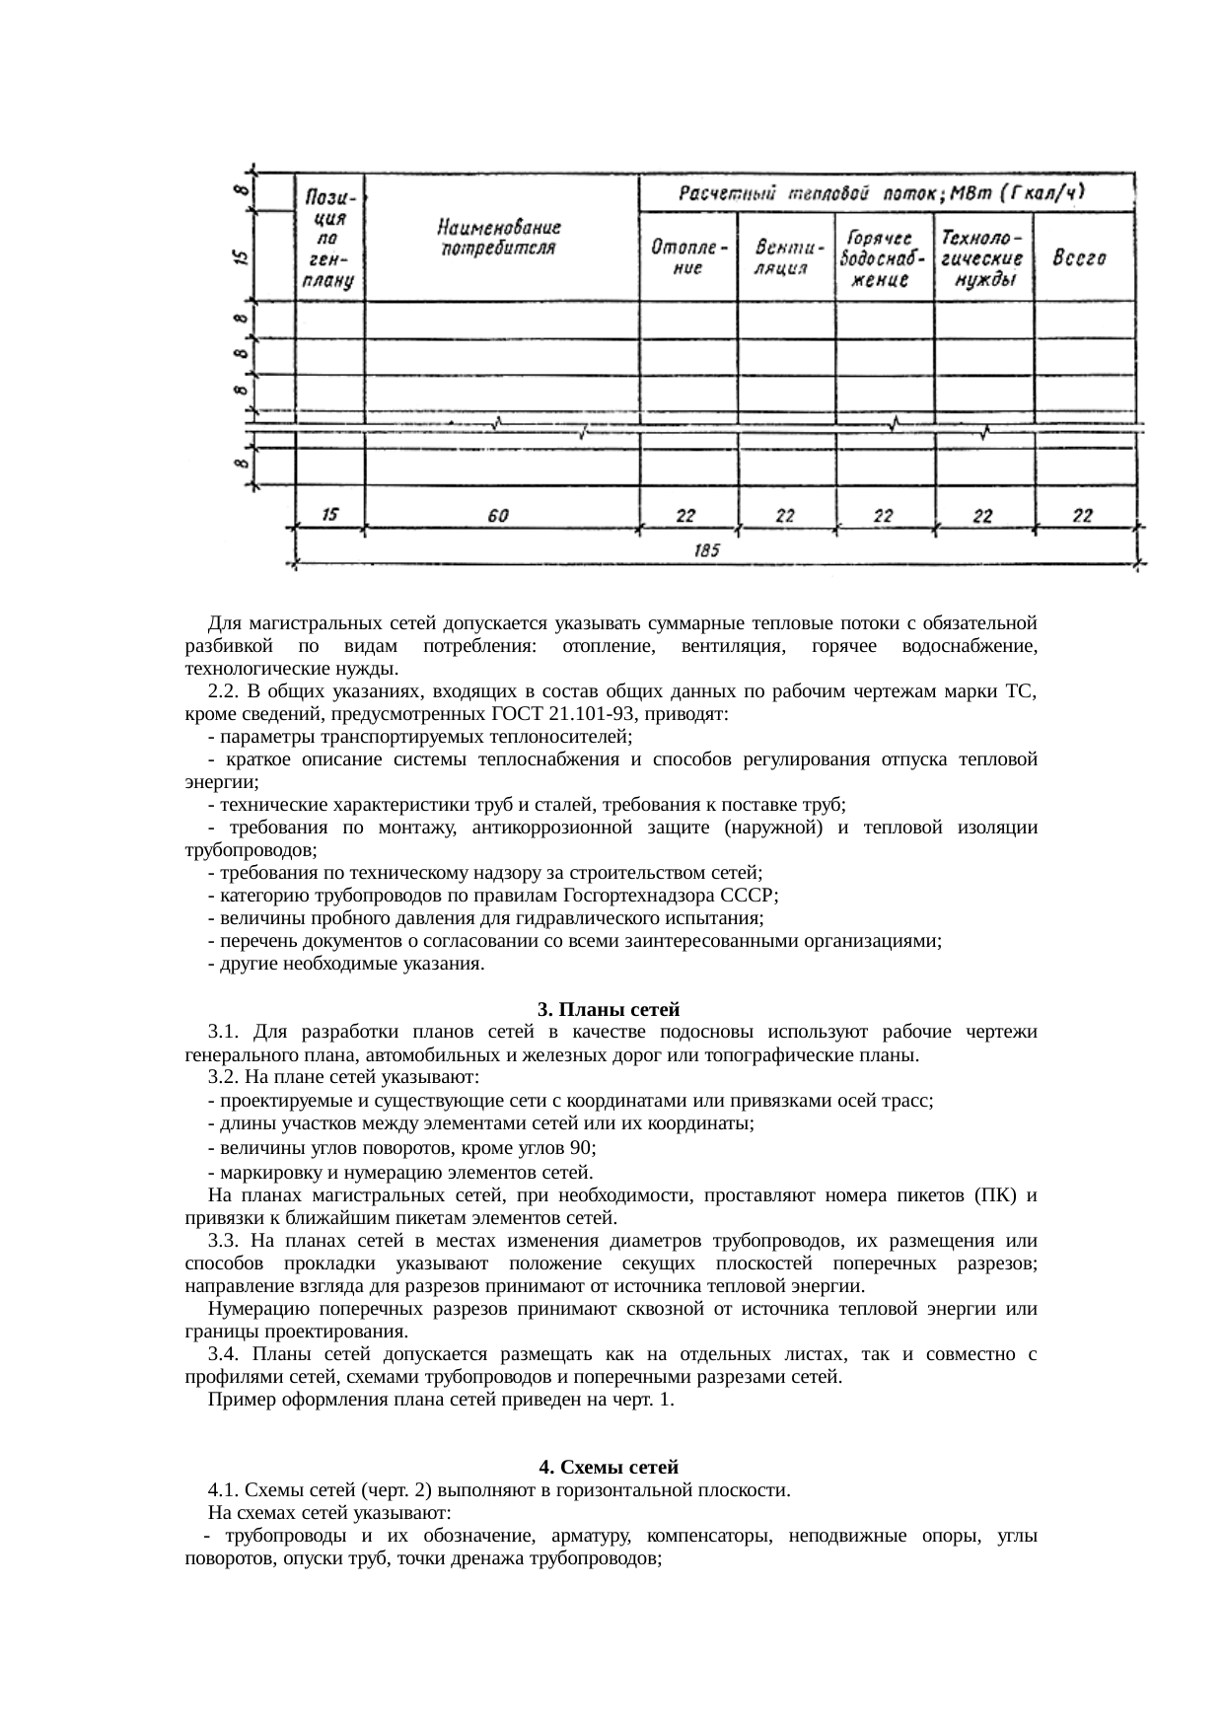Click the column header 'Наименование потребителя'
point(500,237)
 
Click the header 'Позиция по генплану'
point(329,238)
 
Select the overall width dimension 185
point(706,551)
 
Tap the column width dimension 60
point(499,516)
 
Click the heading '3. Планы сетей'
point(609,1009)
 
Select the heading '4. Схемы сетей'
point(609,1467)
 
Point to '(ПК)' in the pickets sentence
point(999,1195)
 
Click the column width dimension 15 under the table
point(329,514)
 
